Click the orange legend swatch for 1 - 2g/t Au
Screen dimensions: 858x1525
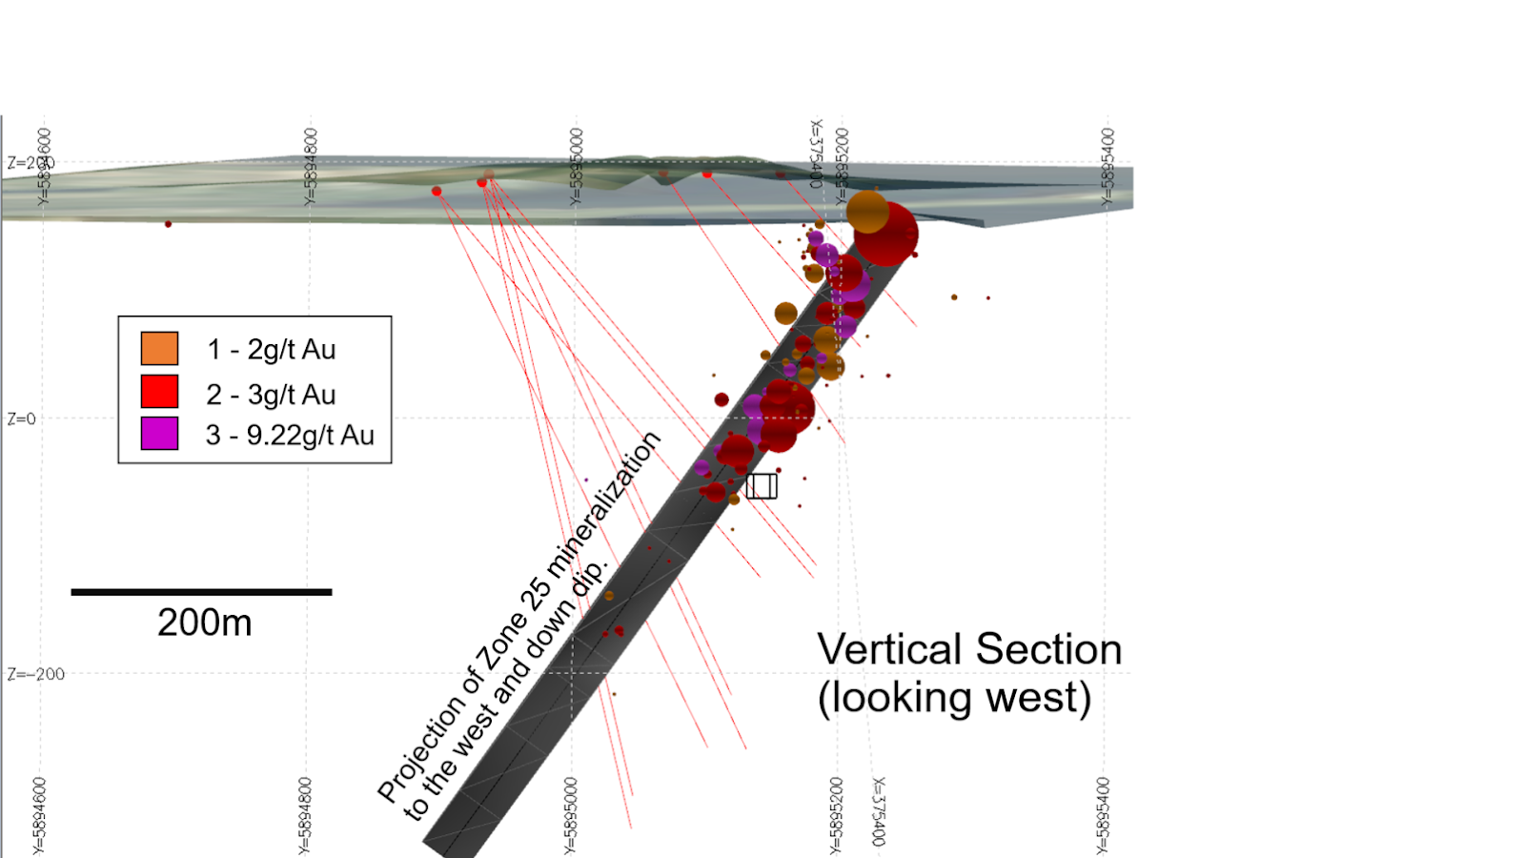tap(159, 348)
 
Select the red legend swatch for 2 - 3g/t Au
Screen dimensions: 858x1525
tap(159, 392)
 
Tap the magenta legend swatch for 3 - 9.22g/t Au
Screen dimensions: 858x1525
tap(159, 434)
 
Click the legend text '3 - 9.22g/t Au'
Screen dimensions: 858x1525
tap(290, 435)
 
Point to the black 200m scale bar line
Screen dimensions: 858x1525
tap(201, 592)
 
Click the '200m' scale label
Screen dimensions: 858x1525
tap(204, 623)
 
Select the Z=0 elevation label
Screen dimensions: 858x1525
tap(21, 419)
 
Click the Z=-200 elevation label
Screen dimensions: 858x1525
tap(35, 674)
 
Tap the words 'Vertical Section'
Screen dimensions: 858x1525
tap(969, 649)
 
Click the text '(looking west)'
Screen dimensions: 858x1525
tap(954, 697)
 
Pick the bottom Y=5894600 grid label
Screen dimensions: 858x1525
tap(39, 815)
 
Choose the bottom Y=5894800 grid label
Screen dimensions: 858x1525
tap(305, 815)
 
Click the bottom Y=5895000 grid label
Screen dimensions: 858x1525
tap(571, 815)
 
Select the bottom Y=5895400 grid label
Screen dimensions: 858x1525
tap(1103, 815)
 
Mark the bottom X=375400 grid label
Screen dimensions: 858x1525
tap(879, 811)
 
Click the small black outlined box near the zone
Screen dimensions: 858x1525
tap(762, 486)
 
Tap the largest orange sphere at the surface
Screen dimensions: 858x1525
tap(867, 212)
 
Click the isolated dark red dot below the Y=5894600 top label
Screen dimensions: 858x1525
tap(169, 224)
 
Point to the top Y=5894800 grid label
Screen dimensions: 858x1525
tap(310, 167)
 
